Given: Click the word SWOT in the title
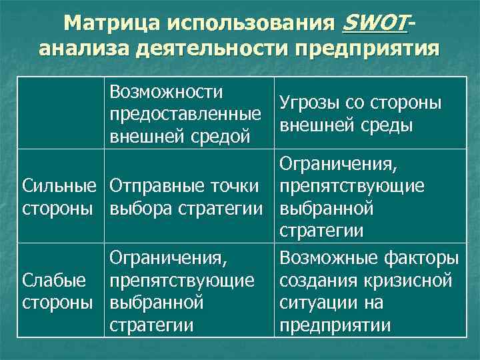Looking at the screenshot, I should (x=373, y=23).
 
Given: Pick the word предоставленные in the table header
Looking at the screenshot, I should (x=185, y=114).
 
